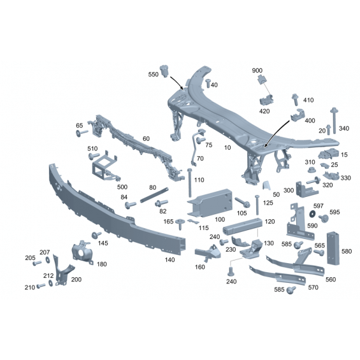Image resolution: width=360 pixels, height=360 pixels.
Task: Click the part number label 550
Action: [x=153, y=75]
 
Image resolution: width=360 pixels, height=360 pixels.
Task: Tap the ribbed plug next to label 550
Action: [x=164, y=71]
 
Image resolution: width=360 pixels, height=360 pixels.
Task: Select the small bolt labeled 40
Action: [x=208, y=83]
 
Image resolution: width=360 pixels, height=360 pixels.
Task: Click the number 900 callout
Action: [x=257, y=71]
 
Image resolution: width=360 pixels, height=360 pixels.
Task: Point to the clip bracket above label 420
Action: [x=266, y=100]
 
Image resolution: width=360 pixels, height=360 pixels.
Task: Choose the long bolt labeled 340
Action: [x=334, y=120]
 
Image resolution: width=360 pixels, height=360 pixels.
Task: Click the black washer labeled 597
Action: [x=312, y=213]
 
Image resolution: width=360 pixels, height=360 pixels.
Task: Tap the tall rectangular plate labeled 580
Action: [x=333, y=248]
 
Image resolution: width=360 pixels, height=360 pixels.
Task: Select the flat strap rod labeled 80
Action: [x=154, y=195]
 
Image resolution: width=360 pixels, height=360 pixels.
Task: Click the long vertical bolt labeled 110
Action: [x=190, y=183]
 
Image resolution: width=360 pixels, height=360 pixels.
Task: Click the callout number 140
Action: [x=169, y=260]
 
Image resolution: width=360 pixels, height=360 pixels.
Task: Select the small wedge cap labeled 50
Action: [x=267, y=185]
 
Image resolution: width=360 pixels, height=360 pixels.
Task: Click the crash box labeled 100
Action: [x=210, y=203]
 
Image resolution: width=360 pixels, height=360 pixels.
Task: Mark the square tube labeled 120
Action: [x=242, y=226]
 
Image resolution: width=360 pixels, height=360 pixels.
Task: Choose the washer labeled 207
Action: [x=48, y=260]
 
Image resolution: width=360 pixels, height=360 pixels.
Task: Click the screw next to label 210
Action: [x=41, y=286]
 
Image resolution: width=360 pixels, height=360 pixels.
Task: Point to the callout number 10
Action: [x=227, y=147]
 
